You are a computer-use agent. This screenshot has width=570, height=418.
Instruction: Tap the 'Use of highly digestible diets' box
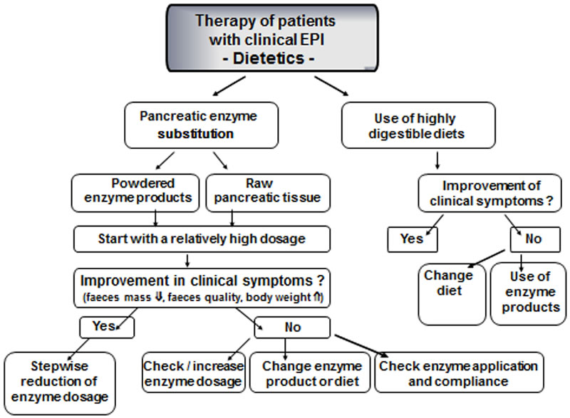(418, 125)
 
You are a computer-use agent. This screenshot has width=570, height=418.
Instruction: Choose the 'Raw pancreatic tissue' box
(268, 192)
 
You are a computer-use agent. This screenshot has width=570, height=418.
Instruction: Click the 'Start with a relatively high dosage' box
(202, 239)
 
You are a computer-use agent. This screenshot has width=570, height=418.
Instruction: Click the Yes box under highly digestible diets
(412, 239)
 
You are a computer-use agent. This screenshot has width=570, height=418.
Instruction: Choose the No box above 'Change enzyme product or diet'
(292, 327)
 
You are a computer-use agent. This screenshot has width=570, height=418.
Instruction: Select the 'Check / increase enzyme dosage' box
(194, 372)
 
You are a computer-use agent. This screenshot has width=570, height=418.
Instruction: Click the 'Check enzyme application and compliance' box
(458, 372)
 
